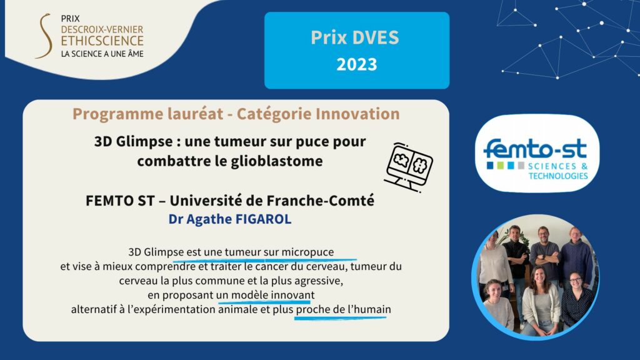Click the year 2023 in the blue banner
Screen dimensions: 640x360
tap(357, 64)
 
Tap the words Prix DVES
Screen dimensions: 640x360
tap(355, 37)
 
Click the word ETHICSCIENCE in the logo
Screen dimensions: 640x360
tap(102, 41)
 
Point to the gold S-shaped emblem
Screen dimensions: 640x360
tap(44, 36)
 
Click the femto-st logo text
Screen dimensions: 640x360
tap(535, 149)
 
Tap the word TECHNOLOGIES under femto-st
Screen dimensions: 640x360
tap(558, 176)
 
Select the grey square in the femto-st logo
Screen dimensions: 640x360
tap(521, 165)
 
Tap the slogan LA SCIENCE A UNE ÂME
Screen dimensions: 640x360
tap(102, 54)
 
